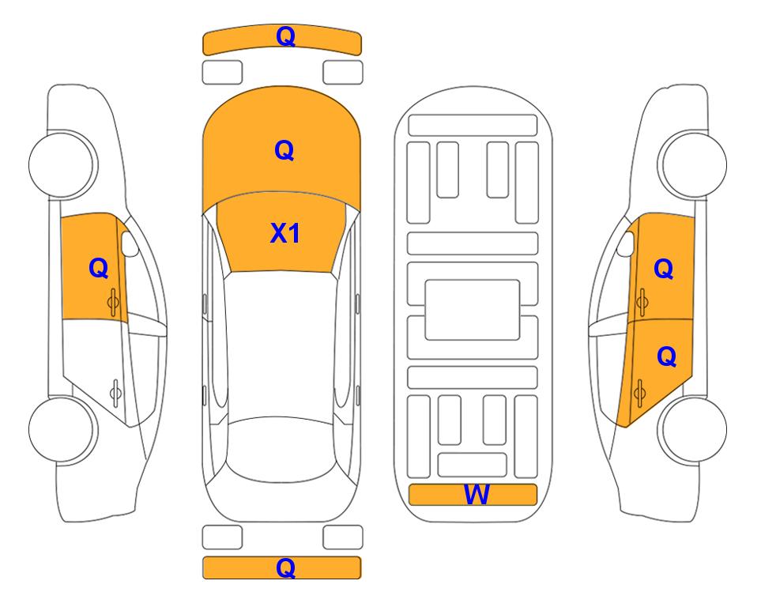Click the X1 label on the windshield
coord(285,234)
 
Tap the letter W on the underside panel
coord(477,495)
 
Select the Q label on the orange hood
coord(284,150)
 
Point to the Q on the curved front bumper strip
coord(286,36)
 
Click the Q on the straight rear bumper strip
coord(286,567)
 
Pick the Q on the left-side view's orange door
coord(99,268)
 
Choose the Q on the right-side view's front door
coord(664,269)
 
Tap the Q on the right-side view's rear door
coord(666,357)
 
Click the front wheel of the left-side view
coord(62,164)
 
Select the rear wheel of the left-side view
coord(62,430)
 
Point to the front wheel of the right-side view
coord(694,164)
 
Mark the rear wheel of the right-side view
coord(694,430)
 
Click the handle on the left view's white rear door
coord(115,392)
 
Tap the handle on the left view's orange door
coord(113,302)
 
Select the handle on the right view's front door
coord(642,302)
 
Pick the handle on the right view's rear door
coord(639,392)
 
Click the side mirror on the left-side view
coord(129,243)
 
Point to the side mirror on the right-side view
coord(626,243)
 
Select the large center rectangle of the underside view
coord(473,310)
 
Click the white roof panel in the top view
coord(280,345)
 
